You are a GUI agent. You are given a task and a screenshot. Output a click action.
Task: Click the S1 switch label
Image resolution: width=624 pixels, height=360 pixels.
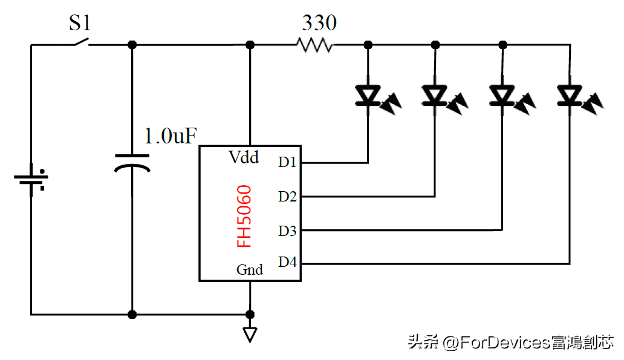click(x=79, y=23)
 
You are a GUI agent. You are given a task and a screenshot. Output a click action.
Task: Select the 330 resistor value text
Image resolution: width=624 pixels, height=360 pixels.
click(x=319, y=23)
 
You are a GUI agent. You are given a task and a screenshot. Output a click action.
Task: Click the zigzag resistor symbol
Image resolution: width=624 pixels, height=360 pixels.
click(x=314, y=45)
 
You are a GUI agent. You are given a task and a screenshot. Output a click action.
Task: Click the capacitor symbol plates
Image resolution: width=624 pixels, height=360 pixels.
click(x=132, y=162)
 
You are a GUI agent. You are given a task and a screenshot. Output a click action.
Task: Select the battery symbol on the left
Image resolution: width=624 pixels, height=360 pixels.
click(x=31, y=180)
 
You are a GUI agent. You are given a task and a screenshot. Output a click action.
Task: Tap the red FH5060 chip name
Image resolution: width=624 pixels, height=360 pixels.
click(x=244, y=217)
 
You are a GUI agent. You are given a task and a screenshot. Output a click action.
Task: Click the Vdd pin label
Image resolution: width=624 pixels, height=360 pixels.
click(x=244, y=157)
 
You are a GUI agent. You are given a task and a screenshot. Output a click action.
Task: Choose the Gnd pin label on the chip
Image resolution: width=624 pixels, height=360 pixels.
click(x=249, y=270)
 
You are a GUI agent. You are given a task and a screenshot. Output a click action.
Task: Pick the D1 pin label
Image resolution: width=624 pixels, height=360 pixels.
click(x=287, y=162)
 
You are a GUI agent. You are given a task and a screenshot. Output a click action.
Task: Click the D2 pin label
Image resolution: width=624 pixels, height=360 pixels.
click(x=287, y=196)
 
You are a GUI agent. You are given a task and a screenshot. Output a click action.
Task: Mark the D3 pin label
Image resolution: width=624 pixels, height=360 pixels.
click(x=287, y=230)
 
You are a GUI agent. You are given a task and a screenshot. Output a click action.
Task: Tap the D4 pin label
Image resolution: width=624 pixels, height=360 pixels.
click(x=287, y=263)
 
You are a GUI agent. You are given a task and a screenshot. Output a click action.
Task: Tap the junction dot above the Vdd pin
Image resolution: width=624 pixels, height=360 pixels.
click(x=250, y=45)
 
